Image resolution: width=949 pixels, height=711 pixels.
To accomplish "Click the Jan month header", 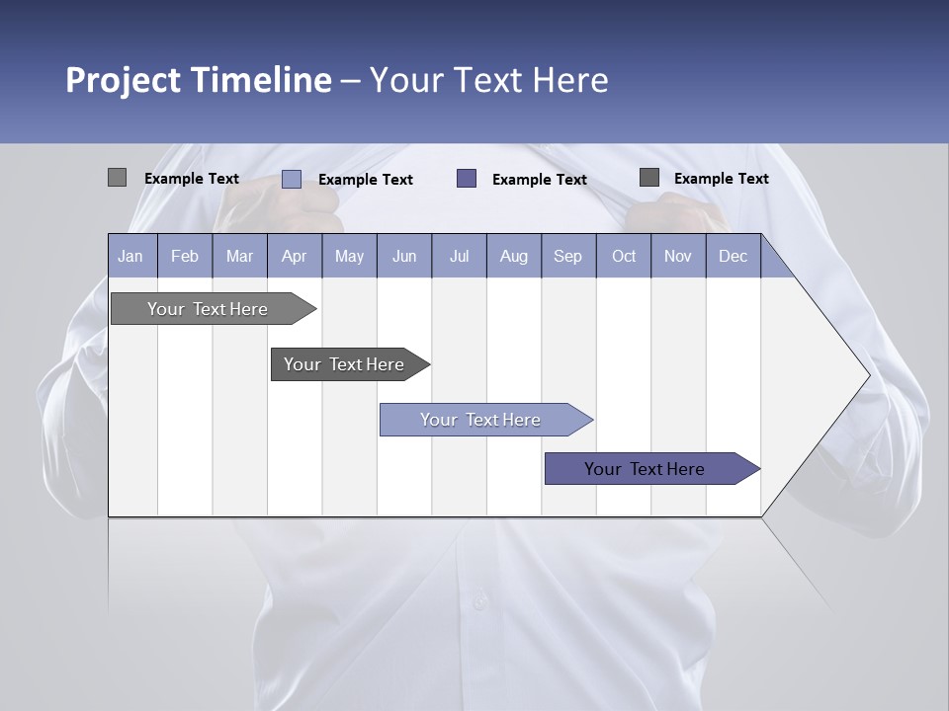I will [x=130, y=256].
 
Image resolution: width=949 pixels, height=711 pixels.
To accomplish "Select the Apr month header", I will [x=295, y=256].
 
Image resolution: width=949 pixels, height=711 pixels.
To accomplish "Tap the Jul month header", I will [x=459, y=256].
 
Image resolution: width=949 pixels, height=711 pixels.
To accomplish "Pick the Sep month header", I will [x=568, y=256].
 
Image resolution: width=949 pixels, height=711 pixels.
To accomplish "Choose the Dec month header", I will [x=733, y=256].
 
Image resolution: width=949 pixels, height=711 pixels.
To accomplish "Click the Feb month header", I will [x=185, y=256].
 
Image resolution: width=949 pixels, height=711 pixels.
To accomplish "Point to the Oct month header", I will [x=624, y=256].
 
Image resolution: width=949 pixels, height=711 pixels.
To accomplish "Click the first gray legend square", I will [x=117, y=178].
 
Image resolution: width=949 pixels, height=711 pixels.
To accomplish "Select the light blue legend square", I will [x=291, y=179].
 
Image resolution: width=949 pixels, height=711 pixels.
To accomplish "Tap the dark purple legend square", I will [x=467, y=178].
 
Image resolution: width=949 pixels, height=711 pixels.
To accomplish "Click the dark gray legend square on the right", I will [x=649, y=177].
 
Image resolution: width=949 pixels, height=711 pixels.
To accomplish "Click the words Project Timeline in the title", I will [x=198, y=80].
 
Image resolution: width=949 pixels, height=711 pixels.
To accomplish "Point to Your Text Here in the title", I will [x=488, y=80].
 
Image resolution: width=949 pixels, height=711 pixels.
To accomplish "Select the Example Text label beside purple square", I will [x=539, y=179].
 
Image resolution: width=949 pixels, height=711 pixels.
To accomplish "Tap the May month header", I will [x=349, y=256].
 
